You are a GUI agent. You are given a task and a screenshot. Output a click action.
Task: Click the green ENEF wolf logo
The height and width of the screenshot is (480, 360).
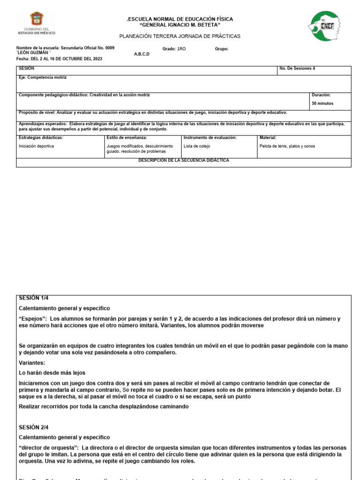[324, 26]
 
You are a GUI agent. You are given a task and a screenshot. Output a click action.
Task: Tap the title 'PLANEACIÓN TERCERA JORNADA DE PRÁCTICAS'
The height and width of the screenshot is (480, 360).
[180, 36]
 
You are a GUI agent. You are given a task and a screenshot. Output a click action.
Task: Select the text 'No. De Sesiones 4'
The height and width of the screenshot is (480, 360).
[297, 68]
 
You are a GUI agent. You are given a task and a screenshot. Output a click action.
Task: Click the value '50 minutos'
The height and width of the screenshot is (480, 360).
[322, 103]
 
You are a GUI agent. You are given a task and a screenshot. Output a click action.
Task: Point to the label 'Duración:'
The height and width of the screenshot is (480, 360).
[321, 95]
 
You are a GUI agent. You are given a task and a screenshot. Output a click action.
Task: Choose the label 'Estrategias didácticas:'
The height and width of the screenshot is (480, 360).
[41, 138]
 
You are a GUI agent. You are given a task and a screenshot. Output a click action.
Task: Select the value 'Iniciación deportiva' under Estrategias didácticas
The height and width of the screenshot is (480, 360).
[36, 146]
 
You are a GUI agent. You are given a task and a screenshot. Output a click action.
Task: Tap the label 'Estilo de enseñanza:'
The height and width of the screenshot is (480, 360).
[127, 138]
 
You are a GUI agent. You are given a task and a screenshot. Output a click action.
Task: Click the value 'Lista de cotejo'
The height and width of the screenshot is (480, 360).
[197, 146]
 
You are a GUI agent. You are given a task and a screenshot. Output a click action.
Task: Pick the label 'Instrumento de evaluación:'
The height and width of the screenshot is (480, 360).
[210, 138]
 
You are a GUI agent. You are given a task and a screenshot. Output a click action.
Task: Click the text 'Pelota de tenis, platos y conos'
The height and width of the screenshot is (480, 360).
[287, 146]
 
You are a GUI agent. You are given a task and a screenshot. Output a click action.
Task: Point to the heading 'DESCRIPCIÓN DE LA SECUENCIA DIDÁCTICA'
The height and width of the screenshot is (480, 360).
[183, 160]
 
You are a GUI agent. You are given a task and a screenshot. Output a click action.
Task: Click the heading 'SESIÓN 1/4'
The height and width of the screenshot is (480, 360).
[33, 298]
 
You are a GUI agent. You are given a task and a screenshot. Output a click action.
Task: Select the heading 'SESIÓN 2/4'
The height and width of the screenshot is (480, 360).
[33, 427]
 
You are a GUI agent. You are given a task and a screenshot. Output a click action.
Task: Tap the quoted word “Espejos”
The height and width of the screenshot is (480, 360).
[33, 319]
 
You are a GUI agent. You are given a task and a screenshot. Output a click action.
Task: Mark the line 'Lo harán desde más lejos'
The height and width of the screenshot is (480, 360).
[52, 373]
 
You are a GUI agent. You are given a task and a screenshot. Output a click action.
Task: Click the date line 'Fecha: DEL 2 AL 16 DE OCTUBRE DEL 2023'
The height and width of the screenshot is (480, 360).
[59, 59]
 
